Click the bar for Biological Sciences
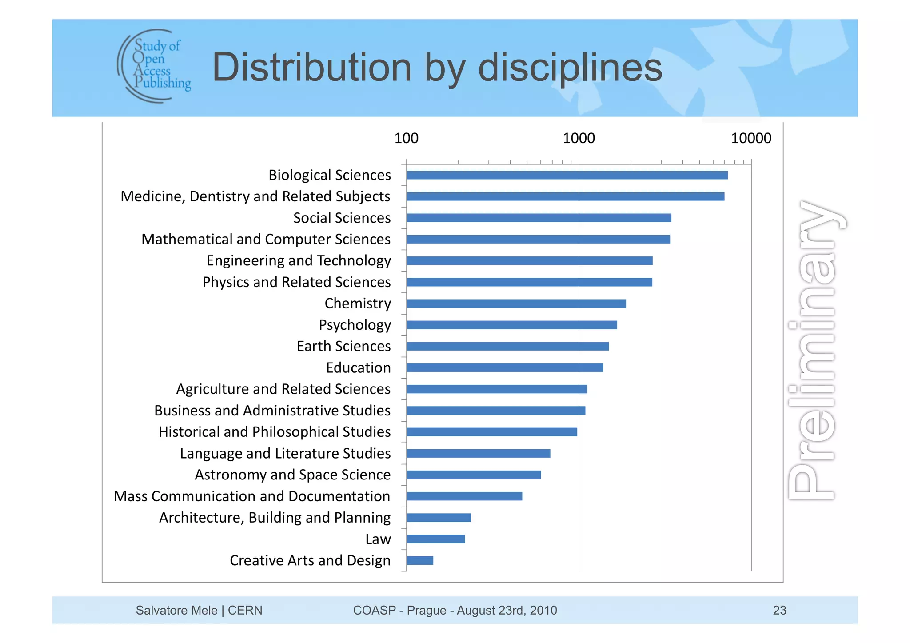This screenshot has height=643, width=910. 567,175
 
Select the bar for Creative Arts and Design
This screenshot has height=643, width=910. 419,560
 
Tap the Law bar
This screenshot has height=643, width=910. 435,539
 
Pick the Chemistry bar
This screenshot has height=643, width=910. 516,304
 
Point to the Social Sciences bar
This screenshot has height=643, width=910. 539,218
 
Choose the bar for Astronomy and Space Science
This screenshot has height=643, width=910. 474,475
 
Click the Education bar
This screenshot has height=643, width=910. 505,367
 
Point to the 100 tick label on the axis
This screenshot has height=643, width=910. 406,138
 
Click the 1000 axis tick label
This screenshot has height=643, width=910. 579,138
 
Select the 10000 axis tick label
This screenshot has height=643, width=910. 751,138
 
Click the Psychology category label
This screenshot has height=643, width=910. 355,325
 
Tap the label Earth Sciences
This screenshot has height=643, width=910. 343,346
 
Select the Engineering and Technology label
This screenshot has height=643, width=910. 299,260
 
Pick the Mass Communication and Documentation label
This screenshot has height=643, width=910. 252,496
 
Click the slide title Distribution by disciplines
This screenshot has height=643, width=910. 437,68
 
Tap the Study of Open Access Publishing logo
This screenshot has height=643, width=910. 154,66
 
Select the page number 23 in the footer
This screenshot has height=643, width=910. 779,610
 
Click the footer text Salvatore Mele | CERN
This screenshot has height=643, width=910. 199,610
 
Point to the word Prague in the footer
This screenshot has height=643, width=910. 426,610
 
